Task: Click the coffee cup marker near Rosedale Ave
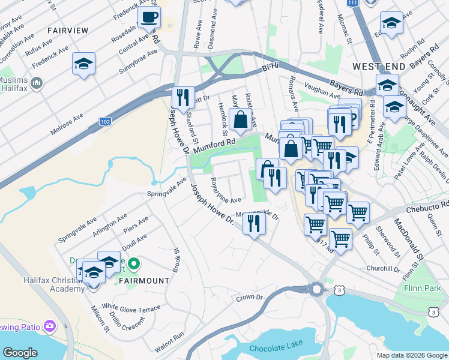pyautogui.click(x=149, y=18)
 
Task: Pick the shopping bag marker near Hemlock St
pyautogui.click(x=240, y=119)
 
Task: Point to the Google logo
pyautogui.click(x=20, y=353)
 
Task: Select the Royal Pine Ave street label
pyautogui.click(x=226, y=191)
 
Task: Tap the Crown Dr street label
pyautogui.click(x=249, y=297)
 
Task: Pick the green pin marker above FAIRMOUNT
pyautogui.click(x=134, y=263)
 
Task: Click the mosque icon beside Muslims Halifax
pyautogui.click(x=36, y=82)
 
